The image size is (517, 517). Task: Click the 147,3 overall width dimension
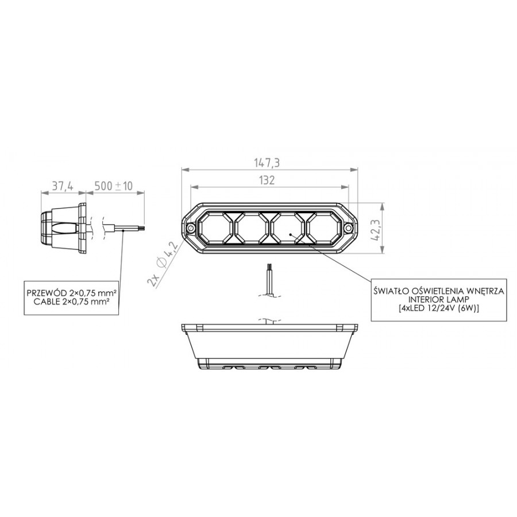(267, 163)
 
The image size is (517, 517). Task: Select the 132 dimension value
(267, 180)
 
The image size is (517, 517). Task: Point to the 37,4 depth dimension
(62, 186)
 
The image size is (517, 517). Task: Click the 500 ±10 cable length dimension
(113, 186)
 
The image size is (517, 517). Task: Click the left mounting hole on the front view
(191, 228)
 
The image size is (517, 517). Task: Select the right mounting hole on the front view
(349, 228)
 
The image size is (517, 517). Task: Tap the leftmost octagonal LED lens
(215, 227)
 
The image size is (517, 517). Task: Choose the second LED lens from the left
(252, 227)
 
